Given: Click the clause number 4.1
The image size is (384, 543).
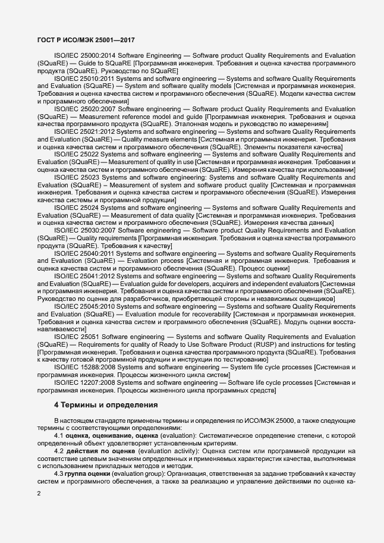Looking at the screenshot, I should tap(59, 436).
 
